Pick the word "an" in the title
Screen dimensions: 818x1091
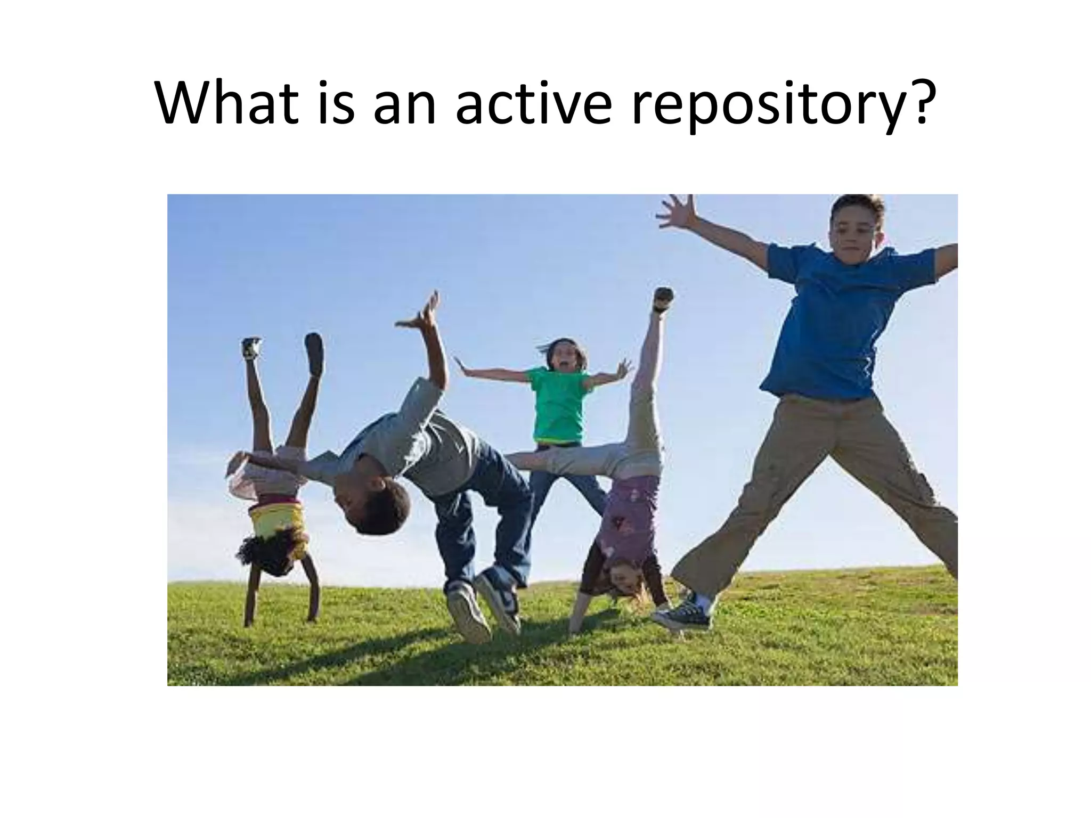(x=405, y=107)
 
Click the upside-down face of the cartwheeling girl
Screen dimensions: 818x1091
(x=626, y=580)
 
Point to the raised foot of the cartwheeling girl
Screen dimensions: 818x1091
(x=663, y=298)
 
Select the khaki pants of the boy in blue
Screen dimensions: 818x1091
(x=820, y=479)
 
